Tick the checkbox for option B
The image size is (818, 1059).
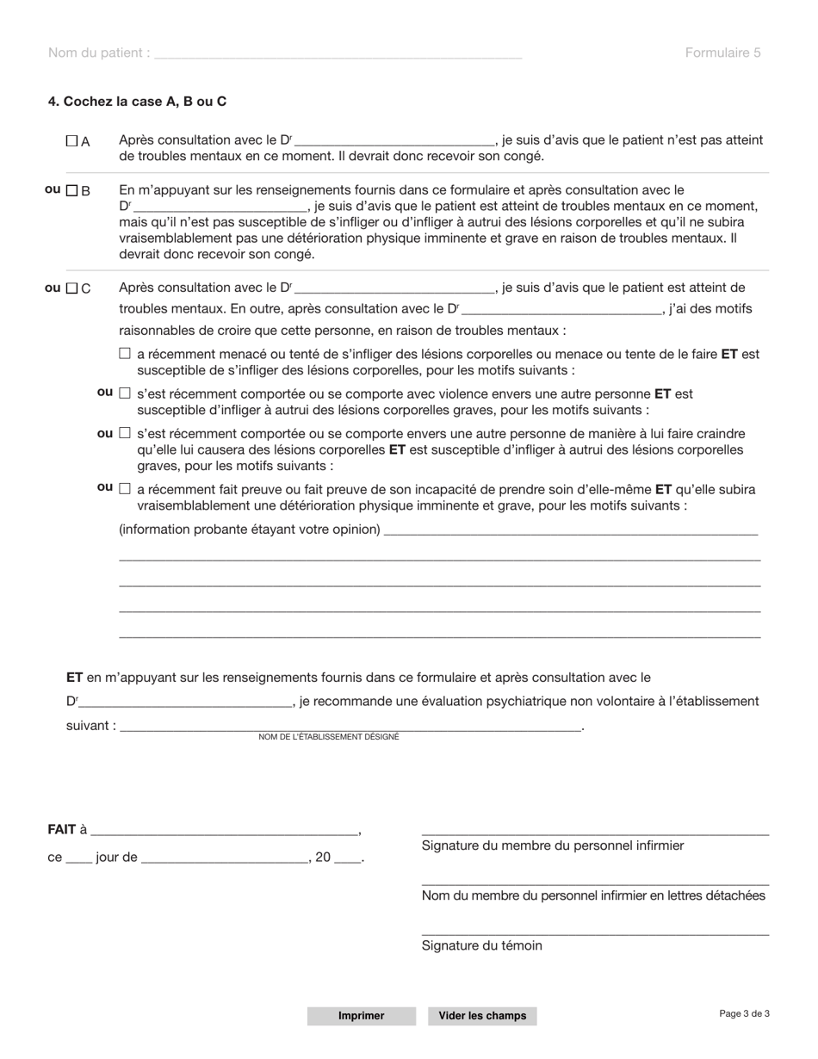(x=72, y=190)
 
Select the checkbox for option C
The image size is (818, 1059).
(x=72, y=288)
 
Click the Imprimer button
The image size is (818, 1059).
(x=361, y=1016)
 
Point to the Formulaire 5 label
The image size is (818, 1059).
(x=722, y=53)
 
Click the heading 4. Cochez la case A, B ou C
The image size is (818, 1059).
(x=137, y=102)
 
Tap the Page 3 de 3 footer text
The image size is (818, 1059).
(x=744, y=1013)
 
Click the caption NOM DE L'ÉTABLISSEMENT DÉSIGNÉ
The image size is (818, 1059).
(x=329, y=737)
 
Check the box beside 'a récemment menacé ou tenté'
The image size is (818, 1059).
(x=125, y=353)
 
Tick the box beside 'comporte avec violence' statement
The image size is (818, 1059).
(x=125, y=393)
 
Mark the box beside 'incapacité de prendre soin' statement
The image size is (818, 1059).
(x=125, y=489)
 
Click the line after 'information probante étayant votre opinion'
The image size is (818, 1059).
(x=570, y=531)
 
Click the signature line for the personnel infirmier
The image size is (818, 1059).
(x=594, y=832)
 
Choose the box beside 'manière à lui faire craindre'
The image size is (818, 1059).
(x=125, y=433)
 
